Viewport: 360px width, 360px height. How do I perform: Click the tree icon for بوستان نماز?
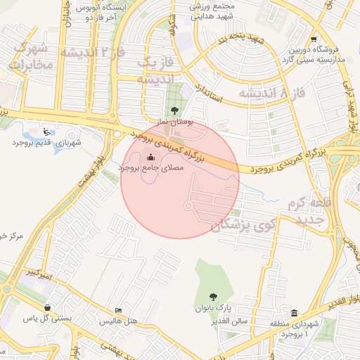(173, 110)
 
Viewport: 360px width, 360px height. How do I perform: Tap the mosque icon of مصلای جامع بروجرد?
(150, 157)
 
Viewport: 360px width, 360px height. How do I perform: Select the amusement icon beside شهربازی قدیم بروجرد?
(46, 131)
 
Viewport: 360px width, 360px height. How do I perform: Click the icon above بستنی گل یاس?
(47, 307)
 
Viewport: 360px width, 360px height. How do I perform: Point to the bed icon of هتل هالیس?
(119, 310)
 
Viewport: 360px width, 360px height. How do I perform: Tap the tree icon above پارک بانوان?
(214, 297)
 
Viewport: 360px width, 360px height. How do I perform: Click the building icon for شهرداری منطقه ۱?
(294, 313)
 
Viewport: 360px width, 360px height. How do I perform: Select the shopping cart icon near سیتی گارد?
(313, 39)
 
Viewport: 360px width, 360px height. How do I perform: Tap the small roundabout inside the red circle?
(188, 205)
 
